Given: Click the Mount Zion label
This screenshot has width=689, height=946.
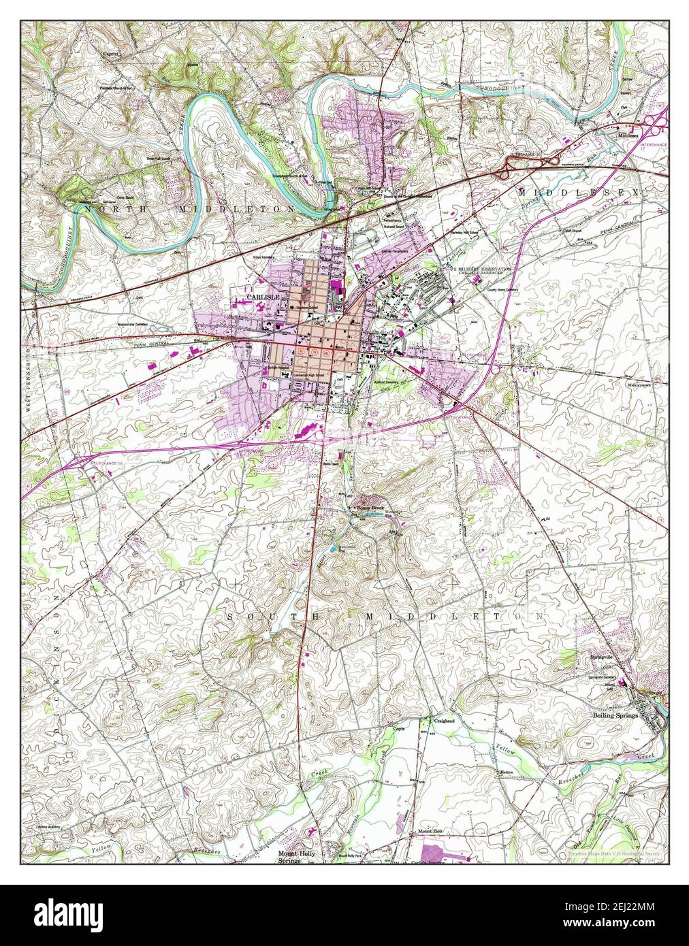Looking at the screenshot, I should [x=430, y=832].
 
